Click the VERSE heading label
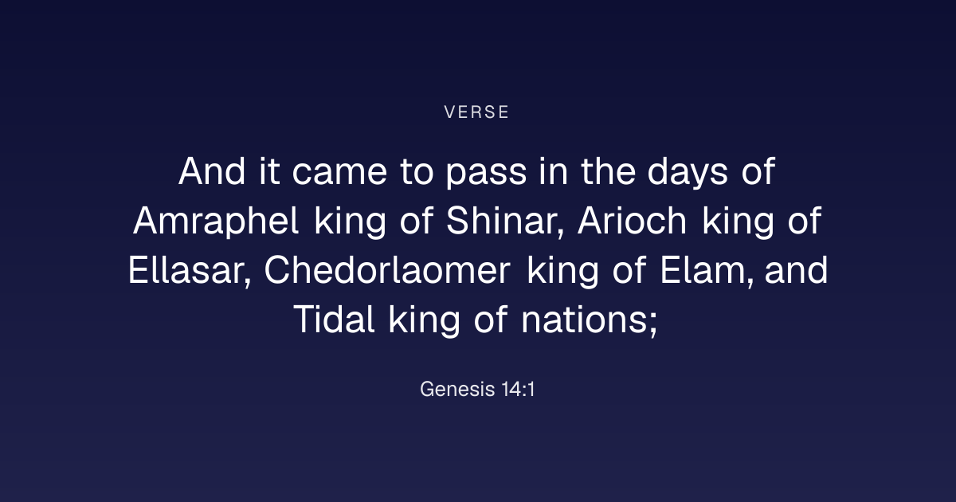(476, 112)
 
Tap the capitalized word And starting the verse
(212, 171)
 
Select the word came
(339, 175)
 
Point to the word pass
(486, 175)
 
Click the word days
(688, 174)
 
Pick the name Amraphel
(216, 221)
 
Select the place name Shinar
(505, 221)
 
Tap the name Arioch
(632, 221)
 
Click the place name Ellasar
(190, 270)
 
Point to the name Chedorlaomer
(387, 270)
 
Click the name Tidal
(334, 320)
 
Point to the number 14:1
(518, 389)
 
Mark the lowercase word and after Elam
(797, 270)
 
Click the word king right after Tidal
(424, 320)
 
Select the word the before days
(608, 171)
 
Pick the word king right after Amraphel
(351, 222)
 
